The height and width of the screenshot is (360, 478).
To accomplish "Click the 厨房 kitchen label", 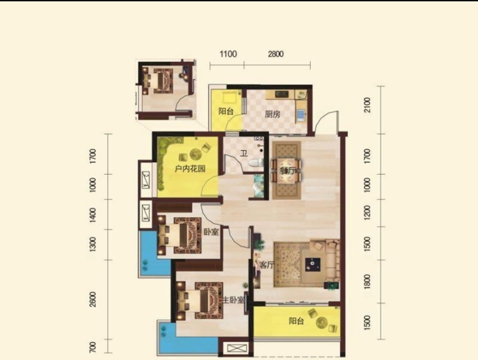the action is (272, 114).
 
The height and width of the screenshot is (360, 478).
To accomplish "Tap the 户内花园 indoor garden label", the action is (190, 169).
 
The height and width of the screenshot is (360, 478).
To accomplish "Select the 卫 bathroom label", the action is (244, 153).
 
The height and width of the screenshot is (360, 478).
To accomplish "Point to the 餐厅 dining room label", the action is (287, 171).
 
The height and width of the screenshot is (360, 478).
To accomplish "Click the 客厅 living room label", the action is (266, 265).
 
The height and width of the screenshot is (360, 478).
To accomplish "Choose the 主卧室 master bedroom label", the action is (233, 300).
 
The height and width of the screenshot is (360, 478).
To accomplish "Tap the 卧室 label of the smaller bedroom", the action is (211, 232).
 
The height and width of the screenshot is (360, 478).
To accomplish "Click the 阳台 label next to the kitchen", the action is (226, 112).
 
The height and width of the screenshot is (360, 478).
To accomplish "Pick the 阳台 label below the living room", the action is (296, 321).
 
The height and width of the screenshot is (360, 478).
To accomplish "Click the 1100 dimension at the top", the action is (228, 54).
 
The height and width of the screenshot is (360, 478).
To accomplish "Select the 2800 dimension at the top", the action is (276, 54).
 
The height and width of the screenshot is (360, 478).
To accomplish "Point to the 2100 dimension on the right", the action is (367, 105).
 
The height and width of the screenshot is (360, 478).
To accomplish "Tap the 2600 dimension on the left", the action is (93, 299).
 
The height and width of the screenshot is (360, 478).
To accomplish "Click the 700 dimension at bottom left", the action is (93, 347).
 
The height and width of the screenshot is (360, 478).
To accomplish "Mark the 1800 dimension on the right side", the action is (367, 281).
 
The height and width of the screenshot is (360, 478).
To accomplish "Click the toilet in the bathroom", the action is (256, 162).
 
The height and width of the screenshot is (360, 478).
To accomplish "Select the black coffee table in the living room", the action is (313, 264).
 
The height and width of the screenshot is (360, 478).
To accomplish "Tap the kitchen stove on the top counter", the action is (281, 94).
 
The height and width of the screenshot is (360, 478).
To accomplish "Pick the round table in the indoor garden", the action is (195, 153).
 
